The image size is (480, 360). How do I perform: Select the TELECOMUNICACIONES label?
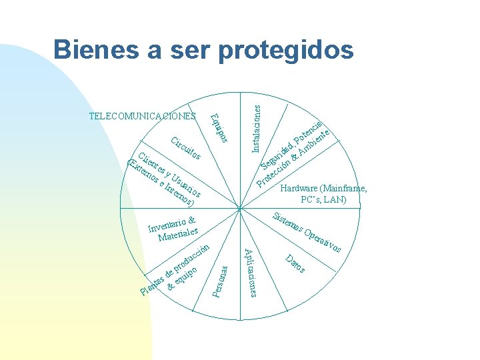coord(142,116)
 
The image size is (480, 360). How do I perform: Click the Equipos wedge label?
coord(219,128)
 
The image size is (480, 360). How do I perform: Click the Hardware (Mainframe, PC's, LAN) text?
coord(323,194)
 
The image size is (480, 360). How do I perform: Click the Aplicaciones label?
coord(249,273)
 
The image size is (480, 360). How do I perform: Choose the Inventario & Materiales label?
coord(173,229)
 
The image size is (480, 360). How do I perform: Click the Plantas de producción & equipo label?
coord(176,270)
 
